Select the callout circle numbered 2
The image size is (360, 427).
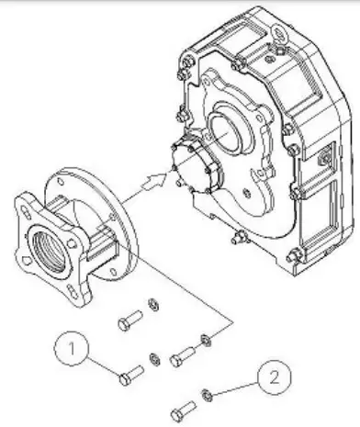pyautogui.click(x=272, y=375)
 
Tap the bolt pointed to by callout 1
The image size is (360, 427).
pyautogui.click(x=129, y=373)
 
